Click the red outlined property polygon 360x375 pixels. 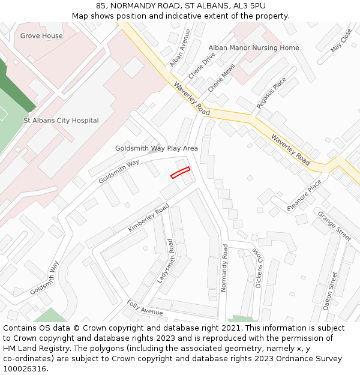point(180,172)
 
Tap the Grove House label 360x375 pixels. point(41,36)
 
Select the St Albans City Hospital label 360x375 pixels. point(61,121)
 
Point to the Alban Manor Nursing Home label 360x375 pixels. point(253,48)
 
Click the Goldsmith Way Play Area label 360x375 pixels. point(157,148)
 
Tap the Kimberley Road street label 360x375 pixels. point(149,218)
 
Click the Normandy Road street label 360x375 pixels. point(224,268)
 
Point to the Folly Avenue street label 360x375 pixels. point(145,308)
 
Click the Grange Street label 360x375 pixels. point(334,226)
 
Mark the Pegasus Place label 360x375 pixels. point(271,93)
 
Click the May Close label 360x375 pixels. point(341,40)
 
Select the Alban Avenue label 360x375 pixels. point(179,48)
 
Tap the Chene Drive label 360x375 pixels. point(202,65)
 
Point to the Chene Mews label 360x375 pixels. point(221,79)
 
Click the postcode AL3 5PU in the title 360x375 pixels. point(246,5)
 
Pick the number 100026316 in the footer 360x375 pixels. point(25,369)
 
